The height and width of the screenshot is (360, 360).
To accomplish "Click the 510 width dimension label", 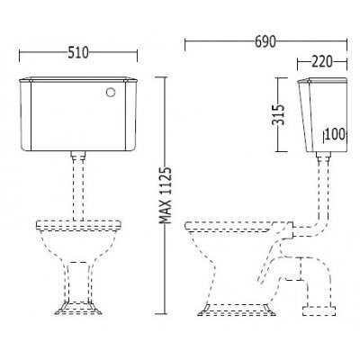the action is [78, 53].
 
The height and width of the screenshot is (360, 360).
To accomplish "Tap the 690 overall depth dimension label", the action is [265, 41].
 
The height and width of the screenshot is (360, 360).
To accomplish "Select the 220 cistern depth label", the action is [322, 61].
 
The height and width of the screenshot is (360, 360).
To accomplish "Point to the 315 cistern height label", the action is [278, 114].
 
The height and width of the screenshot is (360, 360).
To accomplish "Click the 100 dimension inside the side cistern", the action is [335, 134].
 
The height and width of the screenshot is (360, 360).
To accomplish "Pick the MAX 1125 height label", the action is [166, 195].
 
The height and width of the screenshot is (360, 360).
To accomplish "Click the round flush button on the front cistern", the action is [111, 93].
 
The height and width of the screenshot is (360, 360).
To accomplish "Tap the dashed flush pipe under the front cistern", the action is [78, 189].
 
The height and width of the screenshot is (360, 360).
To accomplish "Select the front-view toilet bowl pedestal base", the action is [78, 308].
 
